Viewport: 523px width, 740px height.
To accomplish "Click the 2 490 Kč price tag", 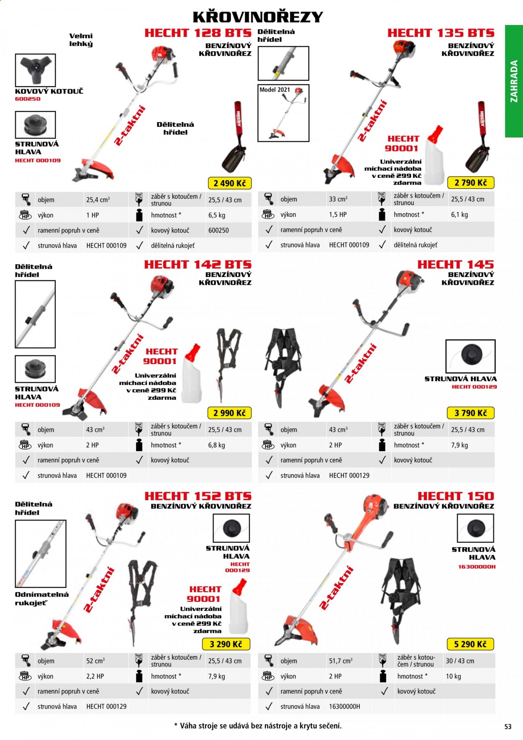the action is click(x=230, y=183).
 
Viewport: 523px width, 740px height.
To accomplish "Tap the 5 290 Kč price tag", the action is click(x=470, y=644).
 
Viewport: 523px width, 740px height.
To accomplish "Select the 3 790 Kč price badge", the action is click(x=471, y=413).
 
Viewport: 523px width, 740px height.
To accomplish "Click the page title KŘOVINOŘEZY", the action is click(x=258, y=17).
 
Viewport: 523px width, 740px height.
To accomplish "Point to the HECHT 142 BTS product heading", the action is click(x=197, y=265).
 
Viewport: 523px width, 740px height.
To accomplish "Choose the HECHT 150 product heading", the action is click(x=456, y=496).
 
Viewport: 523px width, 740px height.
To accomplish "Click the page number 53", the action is click(x=508, y=727).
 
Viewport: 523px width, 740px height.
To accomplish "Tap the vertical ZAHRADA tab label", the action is click(x=514, y=81).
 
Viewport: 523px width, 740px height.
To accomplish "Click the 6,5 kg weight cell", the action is click(x=217, y=215).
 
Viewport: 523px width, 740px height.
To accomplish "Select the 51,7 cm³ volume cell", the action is click(x=341, y=661).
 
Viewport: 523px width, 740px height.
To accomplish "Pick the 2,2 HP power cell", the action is click(x=95, y=676).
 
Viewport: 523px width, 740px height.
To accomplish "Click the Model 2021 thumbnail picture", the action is click(x=283, y=113).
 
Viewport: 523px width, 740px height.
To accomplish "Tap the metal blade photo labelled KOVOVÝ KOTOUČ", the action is click(x=35, y=70).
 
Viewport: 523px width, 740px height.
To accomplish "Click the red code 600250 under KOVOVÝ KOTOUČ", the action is click(x=28, y=99).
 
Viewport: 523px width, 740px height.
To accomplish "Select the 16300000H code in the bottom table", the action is click(x=344, y=707).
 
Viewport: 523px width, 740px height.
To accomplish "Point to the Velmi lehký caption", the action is click(x=81, y=40).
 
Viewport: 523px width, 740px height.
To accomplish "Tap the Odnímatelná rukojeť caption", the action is click(x=42, y=599).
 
